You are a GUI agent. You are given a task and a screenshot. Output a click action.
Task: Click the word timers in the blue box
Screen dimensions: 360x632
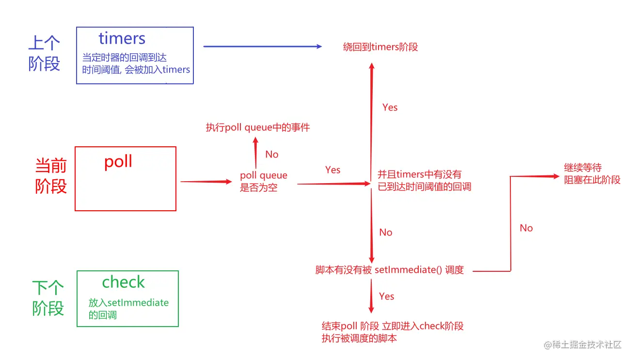click(x=122, y=38)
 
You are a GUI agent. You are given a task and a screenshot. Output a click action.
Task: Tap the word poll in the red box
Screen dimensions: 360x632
click(x=118, y=162)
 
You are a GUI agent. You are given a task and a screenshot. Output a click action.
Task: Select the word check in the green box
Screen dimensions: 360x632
click(x=123, y=282)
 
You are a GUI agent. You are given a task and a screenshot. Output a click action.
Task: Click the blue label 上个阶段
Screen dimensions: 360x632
click(x=44, y=54)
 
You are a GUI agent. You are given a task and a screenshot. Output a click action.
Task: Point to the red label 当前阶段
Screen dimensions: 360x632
click(x=51, y=176)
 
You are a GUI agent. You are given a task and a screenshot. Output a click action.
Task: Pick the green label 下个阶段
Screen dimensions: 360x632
click(x=48, y=298)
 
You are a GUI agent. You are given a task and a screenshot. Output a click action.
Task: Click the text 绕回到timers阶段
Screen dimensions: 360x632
click(x=380, y=47)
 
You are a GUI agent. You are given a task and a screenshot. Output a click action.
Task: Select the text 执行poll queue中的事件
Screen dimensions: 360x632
click(x=257, y=128)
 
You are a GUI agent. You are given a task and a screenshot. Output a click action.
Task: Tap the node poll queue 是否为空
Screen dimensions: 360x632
click(x=263, y=181)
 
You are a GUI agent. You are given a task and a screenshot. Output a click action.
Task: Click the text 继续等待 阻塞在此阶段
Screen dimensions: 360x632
click(x=592, y=173)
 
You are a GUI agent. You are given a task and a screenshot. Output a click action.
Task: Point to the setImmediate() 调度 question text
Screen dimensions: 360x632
click(x=390, y=270)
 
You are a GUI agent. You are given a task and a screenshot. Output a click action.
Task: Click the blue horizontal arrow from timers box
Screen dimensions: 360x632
click(x=262, y=47)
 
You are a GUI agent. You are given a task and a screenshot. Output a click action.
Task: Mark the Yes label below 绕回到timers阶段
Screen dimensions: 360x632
click(x=390, y=108)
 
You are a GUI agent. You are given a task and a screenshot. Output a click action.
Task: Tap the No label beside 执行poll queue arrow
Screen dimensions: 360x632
click(x=272, y=155)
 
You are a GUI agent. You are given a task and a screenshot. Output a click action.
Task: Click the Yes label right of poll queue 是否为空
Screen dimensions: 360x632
click(x=333, y=170)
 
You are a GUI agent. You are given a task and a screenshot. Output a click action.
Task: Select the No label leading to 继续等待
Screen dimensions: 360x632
click(x=526, y=228)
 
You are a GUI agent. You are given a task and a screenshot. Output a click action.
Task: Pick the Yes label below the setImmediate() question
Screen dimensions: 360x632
click(x=387, y=297)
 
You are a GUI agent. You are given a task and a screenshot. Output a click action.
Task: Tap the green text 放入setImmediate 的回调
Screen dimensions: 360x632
click(x=128, y=309)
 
